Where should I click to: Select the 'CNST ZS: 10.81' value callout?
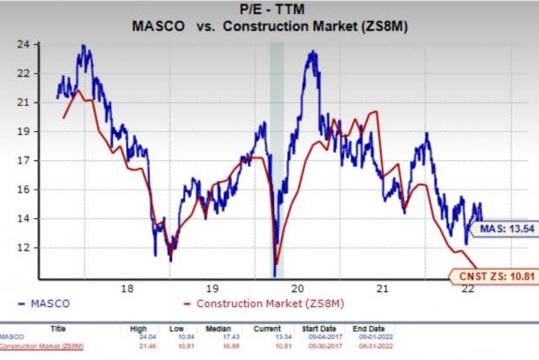pyautogui.click(x=498, y=277)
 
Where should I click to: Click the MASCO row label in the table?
pyautogui.click(x=13, y=337)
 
